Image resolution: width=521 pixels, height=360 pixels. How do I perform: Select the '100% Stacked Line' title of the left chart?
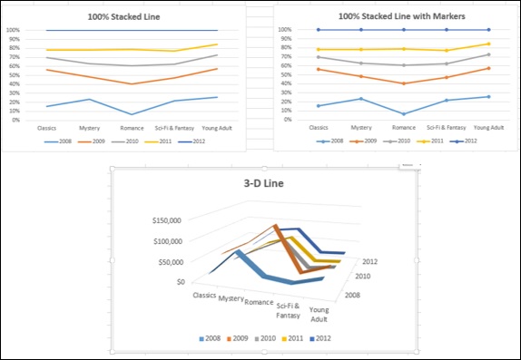coord(126,16)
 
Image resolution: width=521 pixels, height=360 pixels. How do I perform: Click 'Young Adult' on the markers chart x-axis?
coord(487,128)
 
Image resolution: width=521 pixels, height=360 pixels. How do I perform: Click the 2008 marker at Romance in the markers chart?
coord(403,114)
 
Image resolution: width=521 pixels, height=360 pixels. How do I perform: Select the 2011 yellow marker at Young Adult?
coord(487,44)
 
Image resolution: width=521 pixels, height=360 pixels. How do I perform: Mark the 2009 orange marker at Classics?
coord(319,69)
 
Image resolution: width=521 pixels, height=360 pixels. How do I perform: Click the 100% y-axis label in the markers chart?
coord(286,30)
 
